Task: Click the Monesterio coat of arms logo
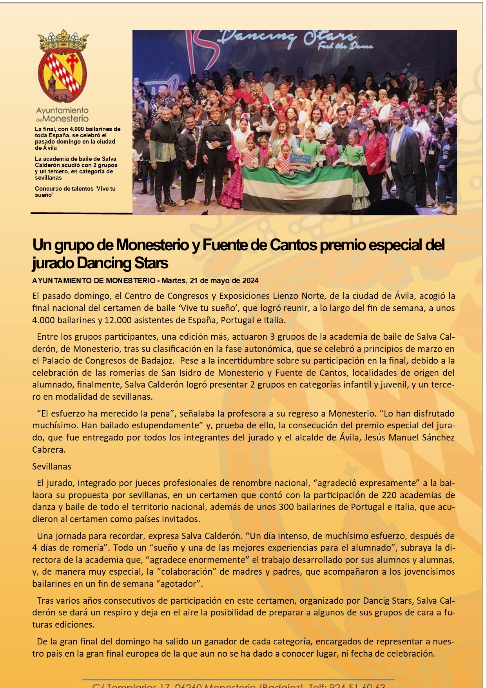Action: pyautogui.click(x=63, y=67)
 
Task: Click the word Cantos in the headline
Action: pyautogui.click(x=293, y=245)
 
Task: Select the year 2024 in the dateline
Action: pyautogui.click(x=250, y=280)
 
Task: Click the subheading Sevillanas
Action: pyautogui.click(x=52, y=466)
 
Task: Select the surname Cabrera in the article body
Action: pyautogui.click(x=48, y=450)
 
